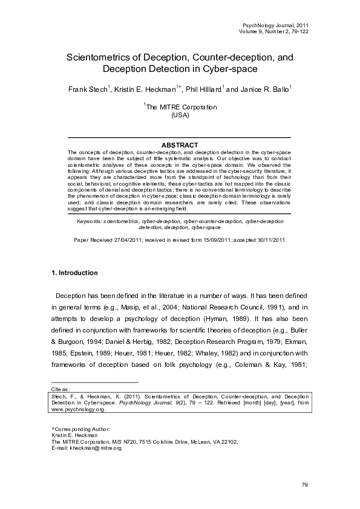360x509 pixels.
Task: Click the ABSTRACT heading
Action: [x=180, y=145]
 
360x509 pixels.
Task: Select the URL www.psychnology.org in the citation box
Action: [x=79, y=409]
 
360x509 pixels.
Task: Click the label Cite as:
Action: [x=61, y=390]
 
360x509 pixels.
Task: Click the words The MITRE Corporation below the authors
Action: [x=182, y=107]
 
